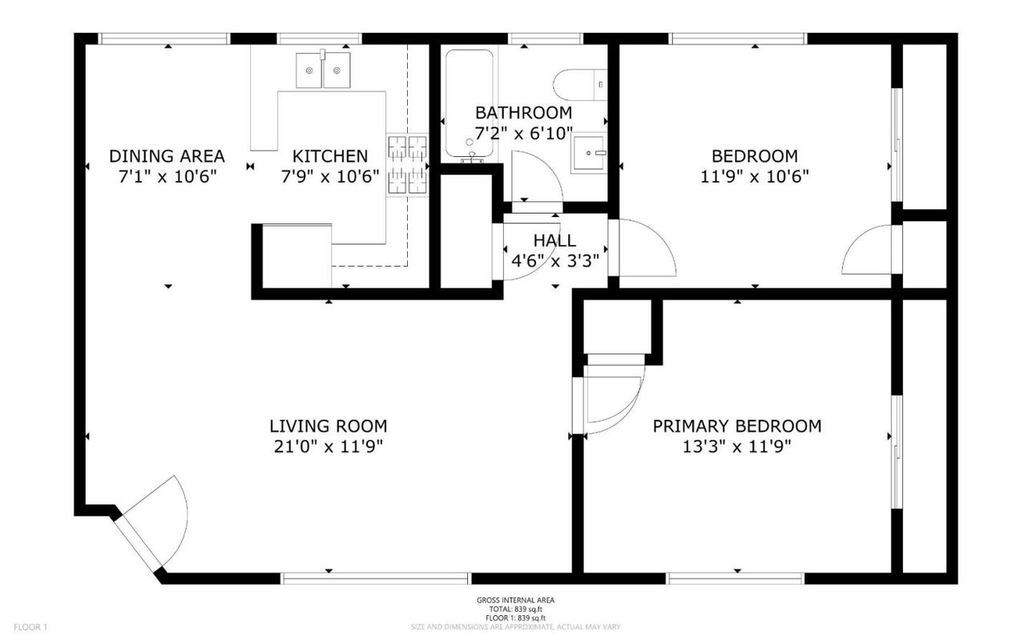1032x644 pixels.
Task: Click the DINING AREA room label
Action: pos(167,156)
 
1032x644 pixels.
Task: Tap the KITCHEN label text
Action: pos(329,156)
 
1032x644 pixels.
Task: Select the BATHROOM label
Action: pos(523,112)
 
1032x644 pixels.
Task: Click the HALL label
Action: pos(554,240)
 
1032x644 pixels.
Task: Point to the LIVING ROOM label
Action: pos(328,426)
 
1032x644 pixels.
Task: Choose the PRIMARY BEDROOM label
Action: pos(736,426)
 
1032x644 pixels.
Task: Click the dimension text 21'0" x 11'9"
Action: pos(328,447)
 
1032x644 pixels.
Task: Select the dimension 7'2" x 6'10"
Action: pos(523,133)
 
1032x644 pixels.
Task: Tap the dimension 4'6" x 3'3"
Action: pos(554,260)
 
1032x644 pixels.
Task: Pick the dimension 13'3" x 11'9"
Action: pos(736,447)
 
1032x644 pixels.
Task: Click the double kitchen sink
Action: pos(324,70)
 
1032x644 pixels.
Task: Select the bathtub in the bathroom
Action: pos(470,103)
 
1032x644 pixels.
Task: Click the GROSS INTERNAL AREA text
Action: pos(515,600)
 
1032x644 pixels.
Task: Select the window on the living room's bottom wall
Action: pos(375,578)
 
